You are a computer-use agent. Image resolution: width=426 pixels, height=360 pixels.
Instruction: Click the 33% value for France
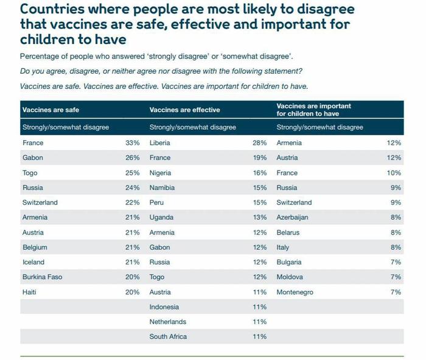(x=132, y=143)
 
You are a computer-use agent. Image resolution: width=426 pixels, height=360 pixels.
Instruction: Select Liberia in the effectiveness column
(x=159, y=143)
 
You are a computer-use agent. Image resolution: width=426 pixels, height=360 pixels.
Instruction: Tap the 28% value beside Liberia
(x=260, y=143)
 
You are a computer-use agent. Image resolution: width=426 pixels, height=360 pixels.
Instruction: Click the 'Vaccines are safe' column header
(x=51, y=110)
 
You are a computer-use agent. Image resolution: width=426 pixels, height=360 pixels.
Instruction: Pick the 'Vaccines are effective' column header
(x=184, y=110)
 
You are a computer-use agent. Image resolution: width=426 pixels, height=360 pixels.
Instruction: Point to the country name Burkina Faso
(x=43, y=277)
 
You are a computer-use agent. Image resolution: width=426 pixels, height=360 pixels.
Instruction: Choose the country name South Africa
(x=168, y=337)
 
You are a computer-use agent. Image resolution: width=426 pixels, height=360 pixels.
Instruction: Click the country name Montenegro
(x=295, y=292)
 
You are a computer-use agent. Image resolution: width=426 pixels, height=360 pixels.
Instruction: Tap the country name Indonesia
(x=164, y=307)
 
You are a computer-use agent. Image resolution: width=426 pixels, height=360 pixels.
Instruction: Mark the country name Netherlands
(x=167, y=322)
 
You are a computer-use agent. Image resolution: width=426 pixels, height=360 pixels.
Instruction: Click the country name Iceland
(x=33, y=263)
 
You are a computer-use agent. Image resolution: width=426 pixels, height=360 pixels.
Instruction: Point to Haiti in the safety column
(x=29, y=292)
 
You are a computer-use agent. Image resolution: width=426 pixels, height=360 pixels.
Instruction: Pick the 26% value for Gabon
(x=132, y=158)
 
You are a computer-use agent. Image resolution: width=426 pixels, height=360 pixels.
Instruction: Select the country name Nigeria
(x=160, y=173)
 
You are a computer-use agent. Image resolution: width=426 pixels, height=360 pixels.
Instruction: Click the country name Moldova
(x=289, y=277)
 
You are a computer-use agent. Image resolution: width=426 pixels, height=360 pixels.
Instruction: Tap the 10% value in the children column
(x=394, y=173)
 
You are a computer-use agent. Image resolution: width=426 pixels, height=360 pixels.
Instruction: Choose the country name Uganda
(x=161, y=217)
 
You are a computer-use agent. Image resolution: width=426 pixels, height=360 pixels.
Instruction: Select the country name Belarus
(x=288, y=233)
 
